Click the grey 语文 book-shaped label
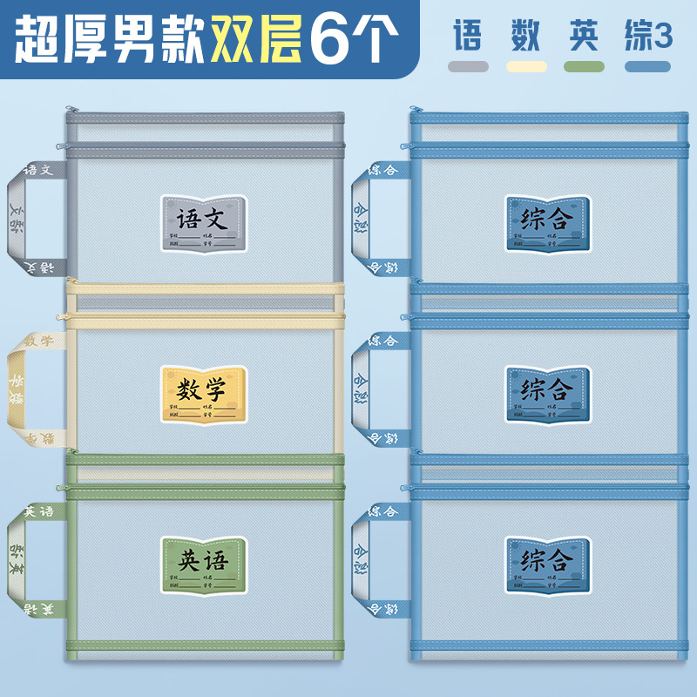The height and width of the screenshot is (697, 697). click(x=203, y=224)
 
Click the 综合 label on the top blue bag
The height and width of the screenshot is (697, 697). click(x=547, y=224)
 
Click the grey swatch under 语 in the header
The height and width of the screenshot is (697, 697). click(x=468, y=66)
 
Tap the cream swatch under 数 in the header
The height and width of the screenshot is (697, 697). click(x=526, y=66)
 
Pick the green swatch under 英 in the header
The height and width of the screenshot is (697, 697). click(x=584, y=66)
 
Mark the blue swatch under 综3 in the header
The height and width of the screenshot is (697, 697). click(x=647, y=66)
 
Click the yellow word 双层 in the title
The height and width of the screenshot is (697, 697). click(x=256, y=38)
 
